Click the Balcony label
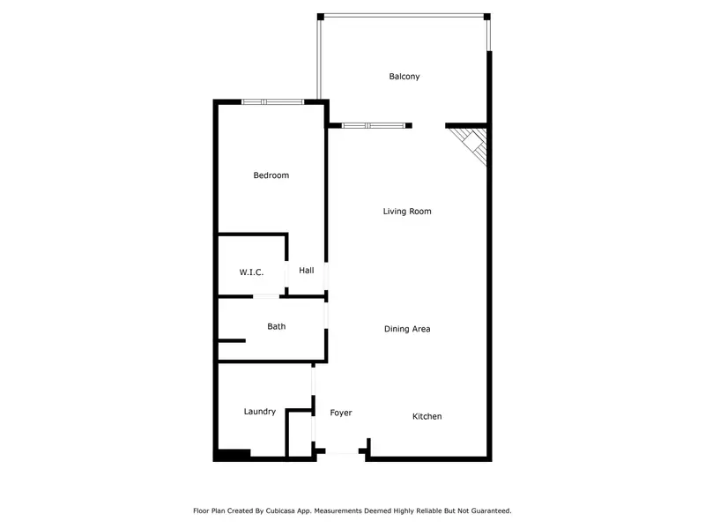pos(404,77)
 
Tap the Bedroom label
pos(271,175)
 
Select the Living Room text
pos(407,212)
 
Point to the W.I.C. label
pos(251,272)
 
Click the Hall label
pos(306,270)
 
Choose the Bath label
pos(277,326)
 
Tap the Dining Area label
pos(407,329)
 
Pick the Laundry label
pos(260,412)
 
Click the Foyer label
pos(341,413)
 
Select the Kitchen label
pos(427,416)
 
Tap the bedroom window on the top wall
pos(272,102)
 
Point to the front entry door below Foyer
pos(342,452)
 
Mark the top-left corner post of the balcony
pos(321,17)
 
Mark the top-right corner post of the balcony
pos(486,16)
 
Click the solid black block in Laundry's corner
pos(234,454)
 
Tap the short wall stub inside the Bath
pos(232,340)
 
